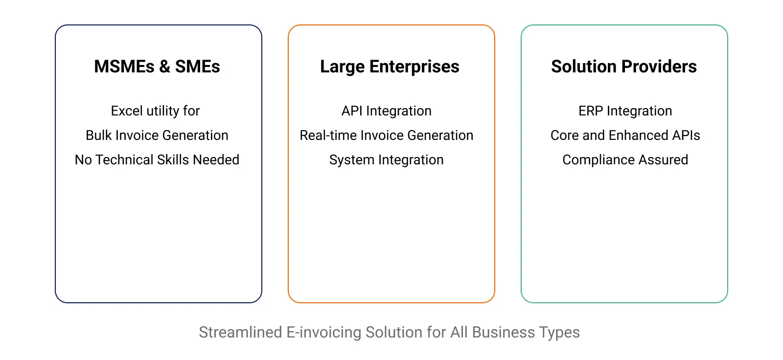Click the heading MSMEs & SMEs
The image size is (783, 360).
[157, 67]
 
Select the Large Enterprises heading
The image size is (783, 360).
[390, 67]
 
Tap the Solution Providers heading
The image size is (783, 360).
[624, 67]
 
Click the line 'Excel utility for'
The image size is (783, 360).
[155, 111]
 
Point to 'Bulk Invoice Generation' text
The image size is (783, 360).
[157, 135]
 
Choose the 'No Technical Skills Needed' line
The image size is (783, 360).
[157, 160]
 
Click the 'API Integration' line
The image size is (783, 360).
[387, 111]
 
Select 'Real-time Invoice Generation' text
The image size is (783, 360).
[387, 135]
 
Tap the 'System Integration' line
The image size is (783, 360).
[387, 160]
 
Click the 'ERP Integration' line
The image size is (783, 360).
[625, 111]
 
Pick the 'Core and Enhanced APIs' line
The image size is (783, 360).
[625, 135]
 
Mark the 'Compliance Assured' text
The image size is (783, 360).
[625, 160]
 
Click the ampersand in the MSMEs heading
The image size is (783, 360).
[164, 67]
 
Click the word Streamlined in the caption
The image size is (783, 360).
[240, 332]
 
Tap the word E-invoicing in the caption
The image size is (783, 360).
[323, 333]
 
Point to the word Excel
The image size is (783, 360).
[127, 111]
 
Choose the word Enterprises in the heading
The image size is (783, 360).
[414, 67]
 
